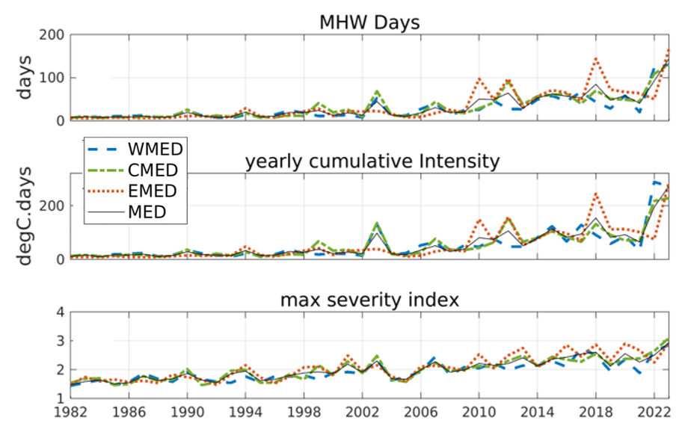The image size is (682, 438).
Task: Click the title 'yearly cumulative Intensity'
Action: [x=372, y=161]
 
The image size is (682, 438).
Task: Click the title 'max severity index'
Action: [x=369, y=300]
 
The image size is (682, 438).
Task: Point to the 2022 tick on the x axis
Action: [x=654, y=412]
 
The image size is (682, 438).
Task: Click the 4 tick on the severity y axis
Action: [x=53, y=312]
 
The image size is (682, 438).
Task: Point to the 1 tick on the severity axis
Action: [x=53, y=398]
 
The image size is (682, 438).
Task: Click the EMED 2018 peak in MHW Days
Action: [x=596, y=58]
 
